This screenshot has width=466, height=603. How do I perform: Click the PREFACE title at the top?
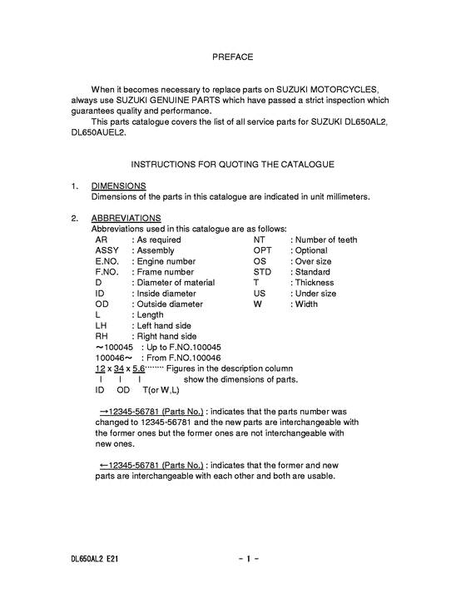(x=232, y=57)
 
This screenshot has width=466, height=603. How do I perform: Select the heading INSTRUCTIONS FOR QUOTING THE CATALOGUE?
(x=232, y=165)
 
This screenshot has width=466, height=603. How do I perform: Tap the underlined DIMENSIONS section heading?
(x=118, y=186)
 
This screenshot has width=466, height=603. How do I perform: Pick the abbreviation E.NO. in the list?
(x=109, y=261)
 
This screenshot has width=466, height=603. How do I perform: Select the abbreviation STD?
(x=262, y=272)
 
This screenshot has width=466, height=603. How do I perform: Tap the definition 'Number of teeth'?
(x=326, y=240)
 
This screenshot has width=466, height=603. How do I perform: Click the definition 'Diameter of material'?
(x=176, y=283)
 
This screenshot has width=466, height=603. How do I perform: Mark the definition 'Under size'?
(x=316, y=294)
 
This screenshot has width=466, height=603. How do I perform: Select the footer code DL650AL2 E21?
(x=94, y=560)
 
